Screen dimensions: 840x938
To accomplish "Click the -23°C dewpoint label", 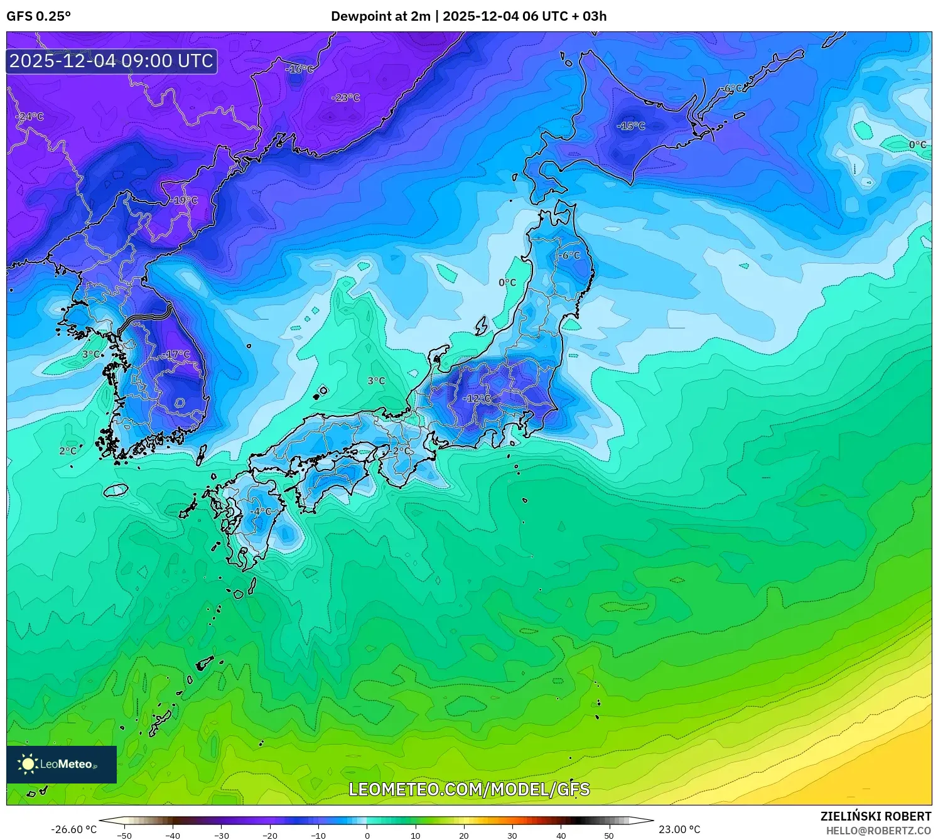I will point(345,97).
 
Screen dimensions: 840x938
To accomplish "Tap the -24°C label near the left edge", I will point(30,117).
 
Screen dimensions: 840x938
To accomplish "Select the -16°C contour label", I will point(299,69).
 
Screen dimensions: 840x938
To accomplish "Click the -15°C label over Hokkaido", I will point(630,126).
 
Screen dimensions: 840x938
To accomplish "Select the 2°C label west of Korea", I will point(68,451).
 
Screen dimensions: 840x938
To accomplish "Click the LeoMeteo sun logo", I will point(28,764).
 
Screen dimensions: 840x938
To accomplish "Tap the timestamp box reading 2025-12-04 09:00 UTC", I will point(112,61).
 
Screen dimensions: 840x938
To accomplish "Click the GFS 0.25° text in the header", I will point(39,16).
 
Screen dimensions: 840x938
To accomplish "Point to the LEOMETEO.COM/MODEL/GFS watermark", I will point(469,789).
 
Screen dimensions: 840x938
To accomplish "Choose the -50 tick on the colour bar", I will point(124,836).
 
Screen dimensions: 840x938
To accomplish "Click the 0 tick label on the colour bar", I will point(367,836).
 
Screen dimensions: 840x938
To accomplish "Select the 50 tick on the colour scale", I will point(609,836).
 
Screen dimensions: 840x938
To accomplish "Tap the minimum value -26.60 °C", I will point(73,829).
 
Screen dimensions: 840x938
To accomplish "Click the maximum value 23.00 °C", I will point(679,829).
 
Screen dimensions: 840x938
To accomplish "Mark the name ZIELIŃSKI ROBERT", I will point(876,816).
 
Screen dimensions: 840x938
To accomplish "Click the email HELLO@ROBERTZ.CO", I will point(878,831).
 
